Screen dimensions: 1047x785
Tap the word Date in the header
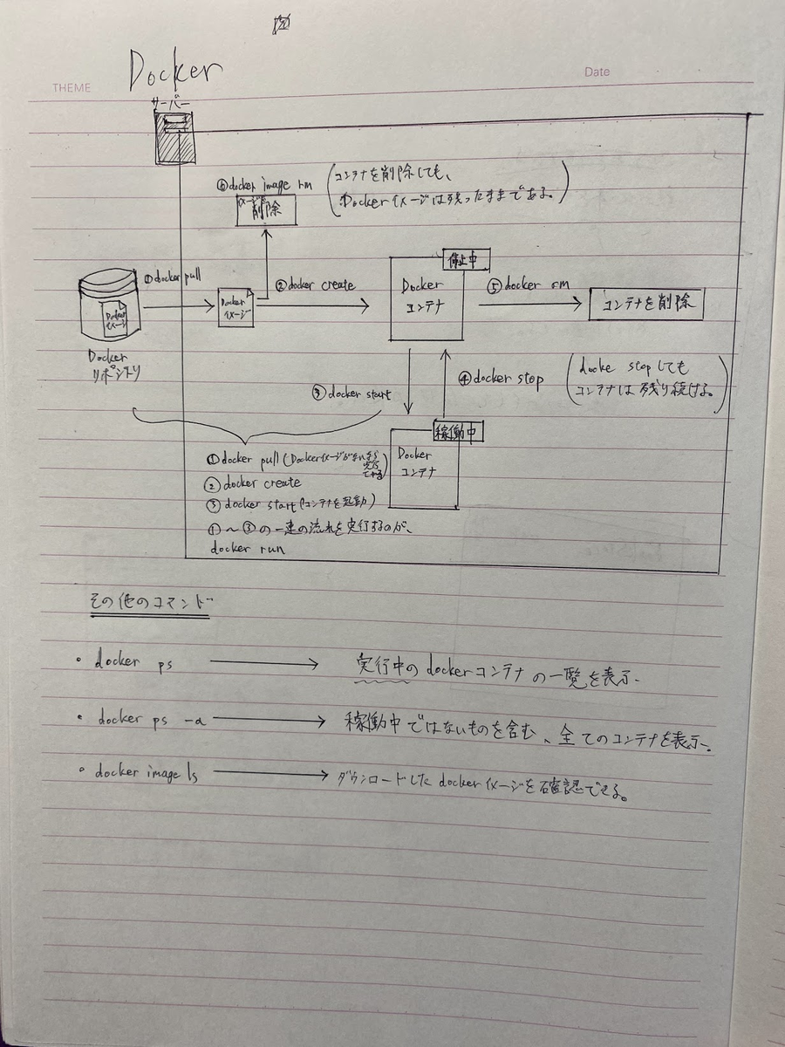[597, 72]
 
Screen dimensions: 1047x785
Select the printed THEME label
[71, 88]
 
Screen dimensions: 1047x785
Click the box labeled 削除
[265, 210]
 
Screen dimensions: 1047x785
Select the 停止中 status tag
[461, 258]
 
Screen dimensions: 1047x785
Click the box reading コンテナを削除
[645, 305]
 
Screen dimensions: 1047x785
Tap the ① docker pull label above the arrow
[178, 276]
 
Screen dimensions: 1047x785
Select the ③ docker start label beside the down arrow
[350, 393]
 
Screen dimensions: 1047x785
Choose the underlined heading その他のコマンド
[149, 603]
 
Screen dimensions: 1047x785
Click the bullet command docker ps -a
[154, 720]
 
